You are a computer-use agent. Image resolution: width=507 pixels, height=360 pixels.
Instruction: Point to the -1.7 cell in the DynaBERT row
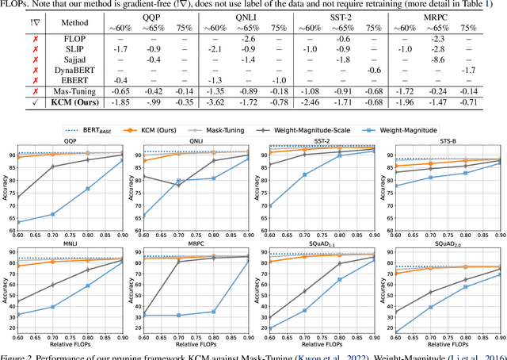469,70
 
